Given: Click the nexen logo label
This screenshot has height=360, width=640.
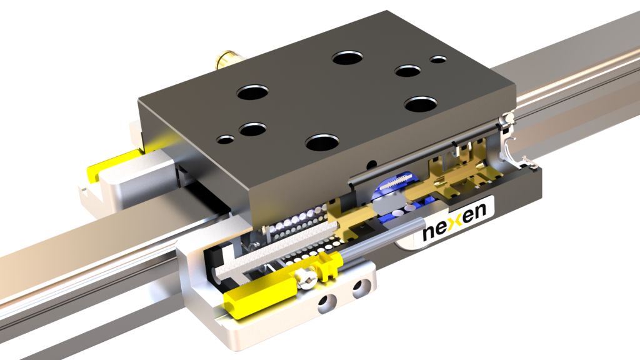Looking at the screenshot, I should [454, 224].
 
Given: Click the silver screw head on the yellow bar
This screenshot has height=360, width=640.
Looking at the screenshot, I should [306, 279].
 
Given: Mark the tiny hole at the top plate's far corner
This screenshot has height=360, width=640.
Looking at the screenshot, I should [438, 59].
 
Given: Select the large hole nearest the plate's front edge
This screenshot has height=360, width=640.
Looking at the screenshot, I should [322, 142].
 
